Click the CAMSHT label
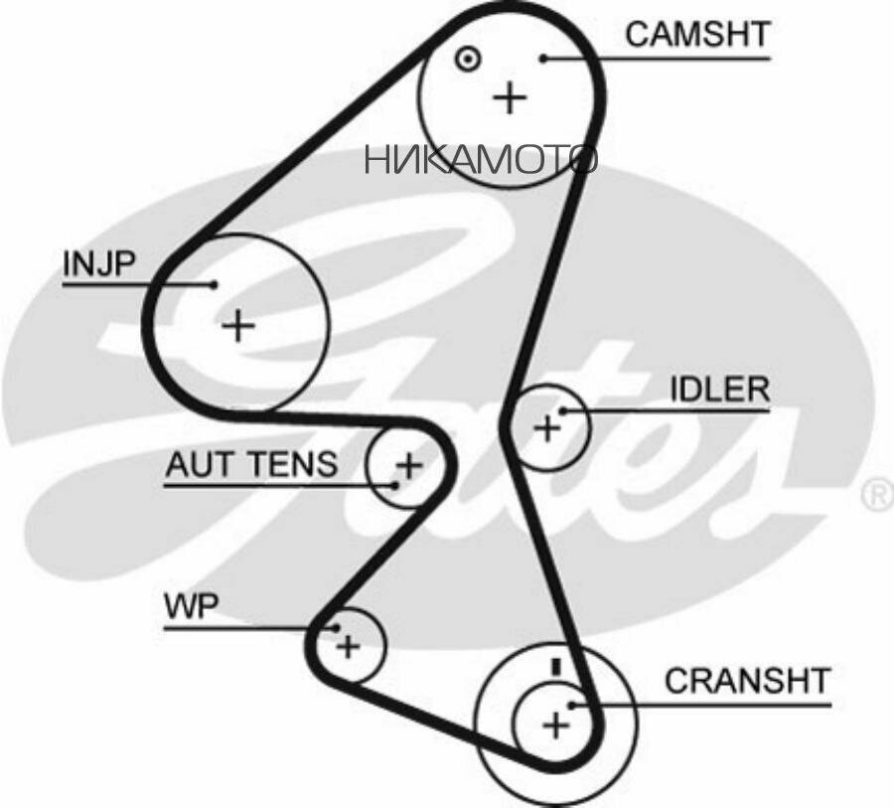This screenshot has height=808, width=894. tap(697, 34)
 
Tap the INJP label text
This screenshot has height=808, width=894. tap(99, 263)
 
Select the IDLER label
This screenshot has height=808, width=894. tap(719, 390)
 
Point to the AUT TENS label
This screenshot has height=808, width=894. tap(251, 464)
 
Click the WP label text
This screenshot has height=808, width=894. tap(191, 606)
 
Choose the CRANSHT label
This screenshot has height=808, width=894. tap(747, 681)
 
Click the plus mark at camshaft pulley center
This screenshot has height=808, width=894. tap(510, 97)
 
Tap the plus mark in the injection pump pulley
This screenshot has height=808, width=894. tap(237, 326)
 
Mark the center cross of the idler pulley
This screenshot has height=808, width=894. tap(546, 428)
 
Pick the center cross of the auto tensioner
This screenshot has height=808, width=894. tap(409, 466)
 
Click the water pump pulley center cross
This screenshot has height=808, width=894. tap(348, 646)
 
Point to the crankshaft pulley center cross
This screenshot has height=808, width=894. tap(556, 726)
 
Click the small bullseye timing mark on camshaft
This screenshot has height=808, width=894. tap(468, 59)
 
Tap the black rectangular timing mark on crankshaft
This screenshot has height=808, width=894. tap(556, 666)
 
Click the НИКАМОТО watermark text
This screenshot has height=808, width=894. tap(481, 159)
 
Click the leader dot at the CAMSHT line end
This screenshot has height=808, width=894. tap(544, 59)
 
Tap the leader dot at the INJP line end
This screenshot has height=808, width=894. tap(215, 283)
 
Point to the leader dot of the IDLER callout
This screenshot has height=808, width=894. tap(562, 410)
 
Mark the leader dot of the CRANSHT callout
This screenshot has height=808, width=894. tap(572, 706)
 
